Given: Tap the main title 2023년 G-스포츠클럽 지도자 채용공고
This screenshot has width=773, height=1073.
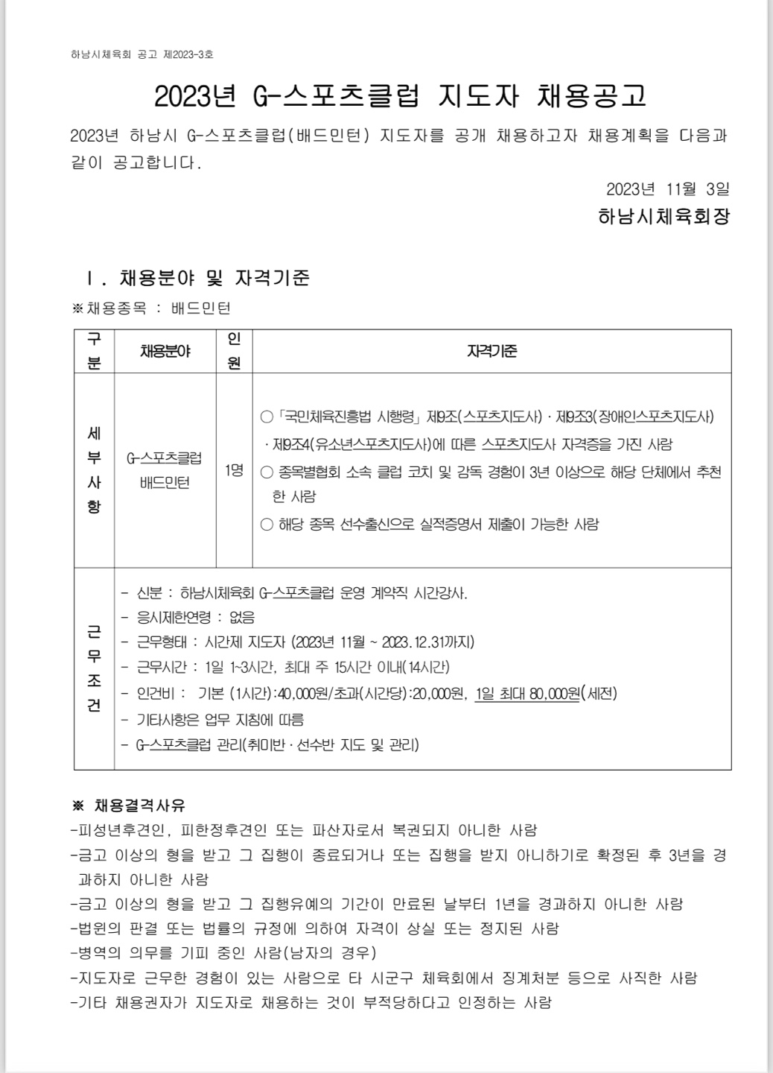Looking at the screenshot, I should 400,96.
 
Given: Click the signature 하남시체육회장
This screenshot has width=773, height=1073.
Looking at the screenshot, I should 664,217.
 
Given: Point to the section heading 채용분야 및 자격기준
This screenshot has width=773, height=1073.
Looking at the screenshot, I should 214,278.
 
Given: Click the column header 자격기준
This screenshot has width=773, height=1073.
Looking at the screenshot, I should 492,351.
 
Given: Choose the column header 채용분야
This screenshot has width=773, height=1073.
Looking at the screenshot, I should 165,351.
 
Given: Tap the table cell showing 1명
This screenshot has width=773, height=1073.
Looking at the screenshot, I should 234,471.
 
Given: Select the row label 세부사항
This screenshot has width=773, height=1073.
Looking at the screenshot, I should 94,470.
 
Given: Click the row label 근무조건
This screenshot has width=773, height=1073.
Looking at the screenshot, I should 94,668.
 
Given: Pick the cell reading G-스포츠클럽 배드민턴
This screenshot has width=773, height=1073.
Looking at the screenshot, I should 165,470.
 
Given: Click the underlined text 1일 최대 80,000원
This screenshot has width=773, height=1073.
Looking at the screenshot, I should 527,694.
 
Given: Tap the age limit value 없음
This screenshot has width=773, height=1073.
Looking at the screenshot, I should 242,617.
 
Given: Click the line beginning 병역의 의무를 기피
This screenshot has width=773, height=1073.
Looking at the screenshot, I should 223,953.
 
